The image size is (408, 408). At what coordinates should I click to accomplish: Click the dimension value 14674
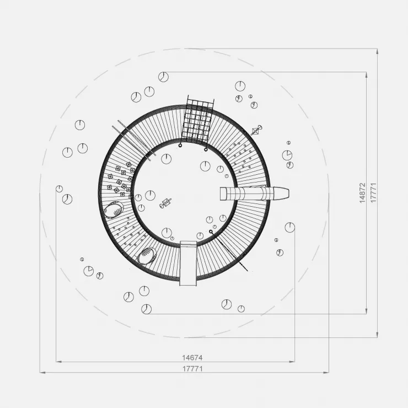tap(192, 358)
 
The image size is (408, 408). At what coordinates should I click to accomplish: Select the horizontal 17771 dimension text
tap(192, 369)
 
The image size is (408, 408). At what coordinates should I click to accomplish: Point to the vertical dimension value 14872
tap(362, 193)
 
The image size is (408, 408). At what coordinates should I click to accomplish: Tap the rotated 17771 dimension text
tap(373, 193)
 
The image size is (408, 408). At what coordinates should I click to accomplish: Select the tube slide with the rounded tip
tap(255, 194)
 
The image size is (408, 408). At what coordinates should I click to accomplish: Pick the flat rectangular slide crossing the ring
tap(189, 264)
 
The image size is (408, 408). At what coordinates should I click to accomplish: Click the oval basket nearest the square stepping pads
tap(114, 210)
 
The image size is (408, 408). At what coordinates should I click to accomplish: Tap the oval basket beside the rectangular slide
tap(147, 255)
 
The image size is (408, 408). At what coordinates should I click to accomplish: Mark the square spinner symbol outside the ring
tap(256, 130)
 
